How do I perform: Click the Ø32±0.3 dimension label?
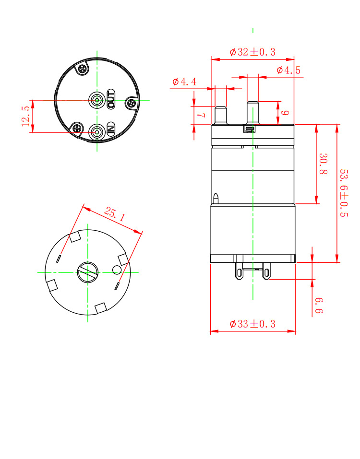pyautogui.click(x=252, y=52)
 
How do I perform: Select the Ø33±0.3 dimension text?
pyautogui.click(x=252, y=324)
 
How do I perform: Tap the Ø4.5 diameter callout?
pyautogui.click(x=288, y=71)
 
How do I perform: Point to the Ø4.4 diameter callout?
pyautogui.click(x=184, y=82)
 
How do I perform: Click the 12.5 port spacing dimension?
pyautogui.click(x=26, y=116)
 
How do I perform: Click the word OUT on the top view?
pyautogui.click(x=111, y=98)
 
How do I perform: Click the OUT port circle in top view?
pyautogui.click(x=97, y=100)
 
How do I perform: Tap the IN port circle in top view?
pyautogui.click(x=97, y=131)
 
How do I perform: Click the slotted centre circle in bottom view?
pyautogui.click(x=87, y=272)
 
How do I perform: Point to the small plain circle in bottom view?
pyautogui.click(x=117, y=270)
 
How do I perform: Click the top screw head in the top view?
pyautogui.click(x=84, y=70)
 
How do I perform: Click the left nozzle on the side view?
pyautogui.click(x=220, y=115)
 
